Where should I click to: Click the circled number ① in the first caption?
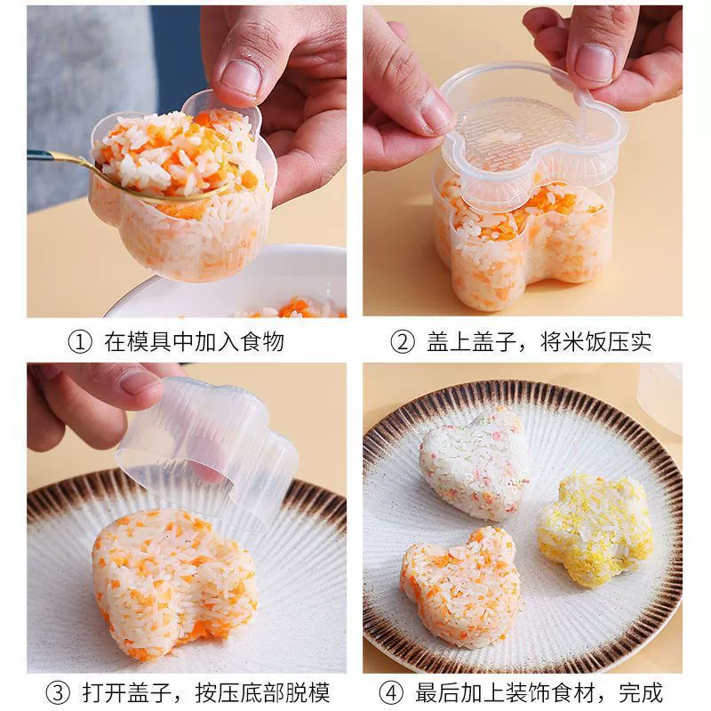coord(80,342)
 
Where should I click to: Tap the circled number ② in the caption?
coord(403,342)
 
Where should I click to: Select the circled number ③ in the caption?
coord(59,693)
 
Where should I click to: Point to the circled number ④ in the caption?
coord(391,693)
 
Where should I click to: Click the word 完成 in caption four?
coord(641,692)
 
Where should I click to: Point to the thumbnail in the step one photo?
coord(241,76)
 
